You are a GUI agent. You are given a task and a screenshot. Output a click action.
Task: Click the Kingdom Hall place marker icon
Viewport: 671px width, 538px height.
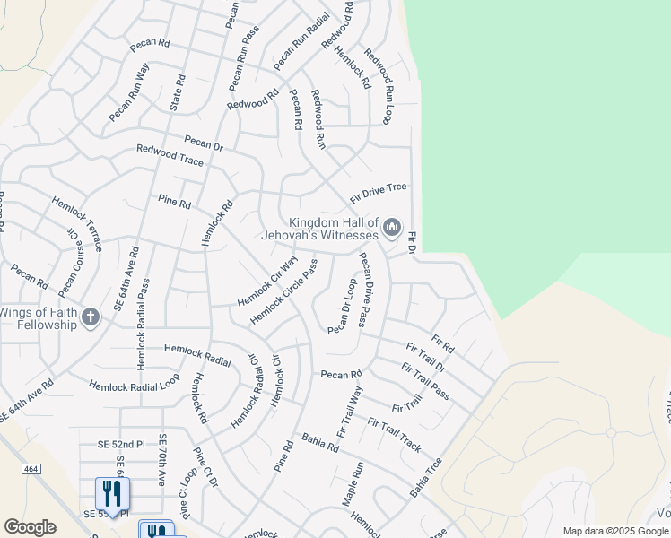click(x=391, y=229)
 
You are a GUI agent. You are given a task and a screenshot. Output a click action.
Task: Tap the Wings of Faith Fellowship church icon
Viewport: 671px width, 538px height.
click(x=90, y=317)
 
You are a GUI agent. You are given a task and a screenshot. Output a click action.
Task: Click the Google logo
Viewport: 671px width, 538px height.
click(x=30, y=527)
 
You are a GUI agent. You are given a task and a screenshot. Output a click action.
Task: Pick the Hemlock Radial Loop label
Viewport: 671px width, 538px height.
click(x=135, y=385)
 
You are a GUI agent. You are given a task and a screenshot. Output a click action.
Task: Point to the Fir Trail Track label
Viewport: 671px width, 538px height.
click(x=394, y=434)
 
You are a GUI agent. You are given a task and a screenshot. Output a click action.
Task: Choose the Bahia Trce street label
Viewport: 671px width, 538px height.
click(x=426, y=479)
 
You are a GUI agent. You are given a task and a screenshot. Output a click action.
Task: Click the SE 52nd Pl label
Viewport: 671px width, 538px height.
click(x=121, y=445)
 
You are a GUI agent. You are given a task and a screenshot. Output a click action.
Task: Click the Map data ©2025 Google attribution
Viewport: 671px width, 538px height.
click(x=615, y=531)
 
